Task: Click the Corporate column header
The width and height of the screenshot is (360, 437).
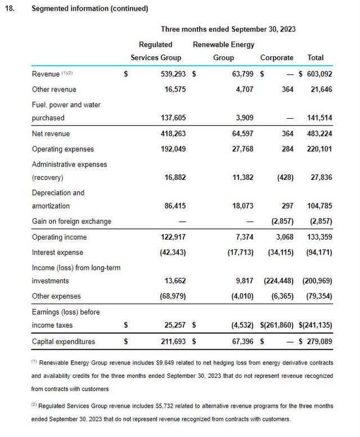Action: click(276, 57)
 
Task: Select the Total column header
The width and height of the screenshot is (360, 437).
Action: click(316, 57)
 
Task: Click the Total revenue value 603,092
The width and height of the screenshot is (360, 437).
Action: click(318, 73)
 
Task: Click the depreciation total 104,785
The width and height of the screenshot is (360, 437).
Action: click(318, 206)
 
